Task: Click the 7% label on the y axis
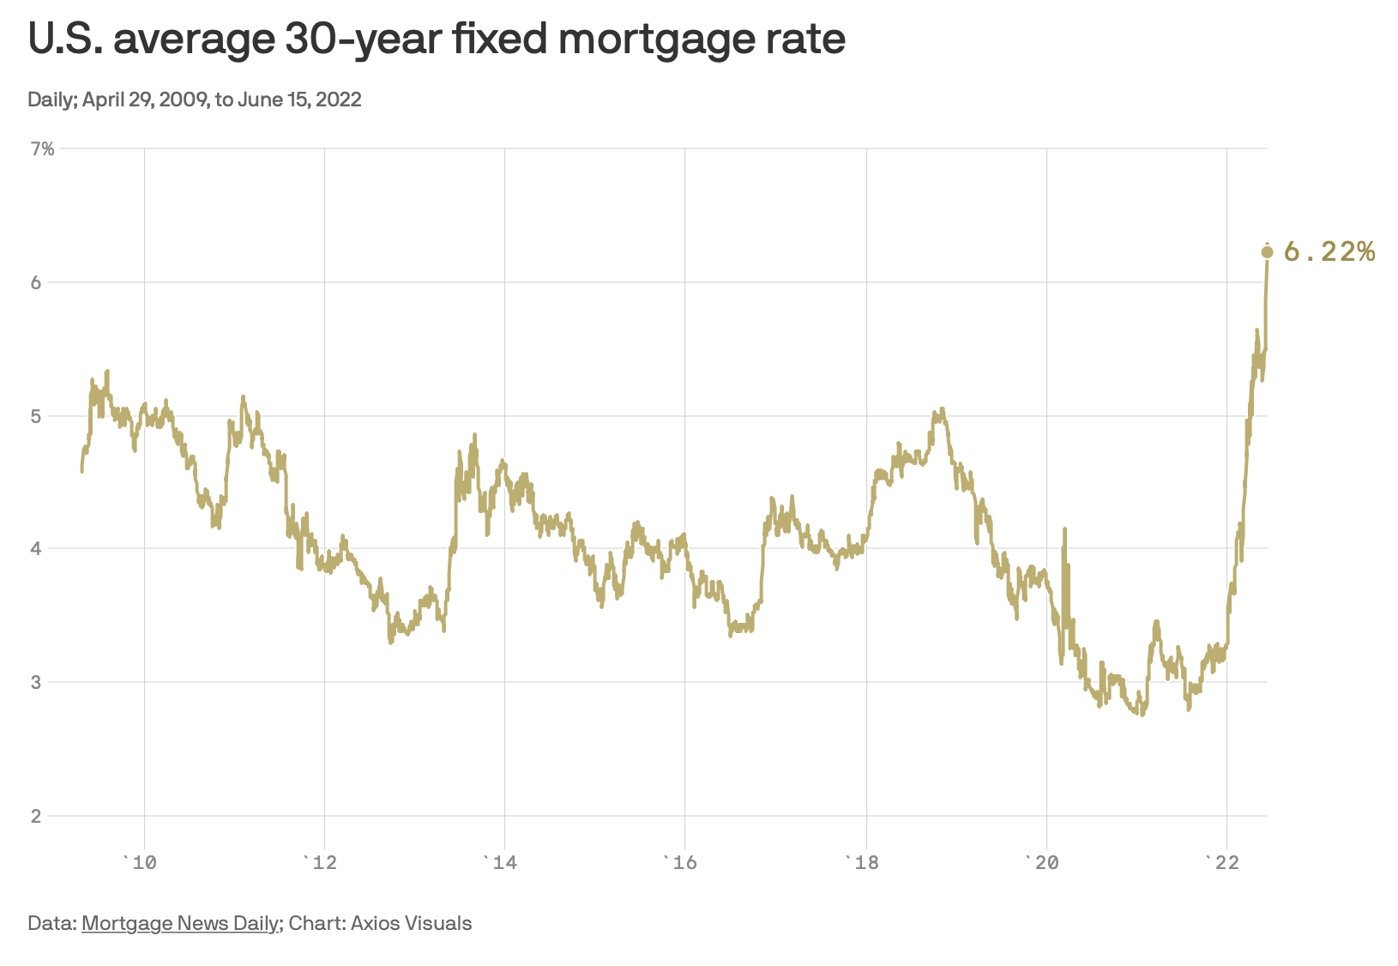click(42, 149)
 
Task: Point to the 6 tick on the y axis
click(36, 282)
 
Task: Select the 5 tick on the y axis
click(36, 416)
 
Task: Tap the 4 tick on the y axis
click(36, 548)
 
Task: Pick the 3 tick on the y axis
click(36, 682)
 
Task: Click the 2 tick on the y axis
click(36, 816)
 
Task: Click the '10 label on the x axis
click(142, 862)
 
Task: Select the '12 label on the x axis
click(322, 862)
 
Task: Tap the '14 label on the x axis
click(502, 862)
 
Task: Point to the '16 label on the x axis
click(682, 862)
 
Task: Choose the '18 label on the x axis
click(863, 862)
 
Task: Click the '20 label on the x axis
click(1043, 862)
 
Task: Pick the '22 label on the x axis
click(1224, 862)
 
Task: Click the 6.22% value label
click(1329, 251)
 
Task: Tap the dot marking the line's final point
click(1267, 251)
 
